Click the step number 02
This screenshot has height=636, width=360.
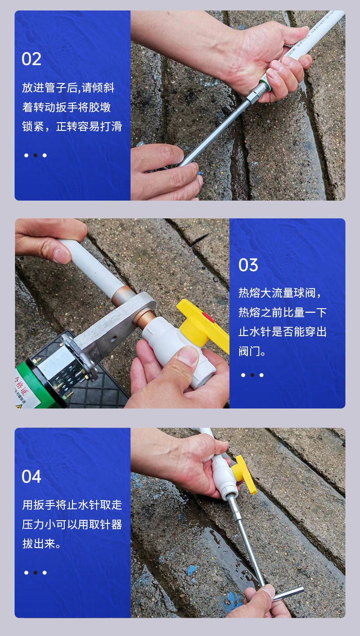[31, 59]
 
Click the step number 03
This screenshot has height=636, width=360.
[248, 265]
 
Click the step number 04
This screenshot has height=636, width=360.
[31, 476]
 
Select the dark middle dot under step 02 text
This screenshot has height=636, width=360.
[36, 155]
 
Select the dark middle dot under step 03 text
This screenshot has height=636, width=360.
[252, 375]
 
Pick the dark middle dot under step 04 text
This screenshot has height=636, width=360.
[36, 573]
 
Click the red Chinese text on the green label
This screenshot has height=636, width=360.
[21, 386]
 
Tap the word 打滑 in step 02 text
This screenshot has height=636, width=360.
[111, 126]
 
